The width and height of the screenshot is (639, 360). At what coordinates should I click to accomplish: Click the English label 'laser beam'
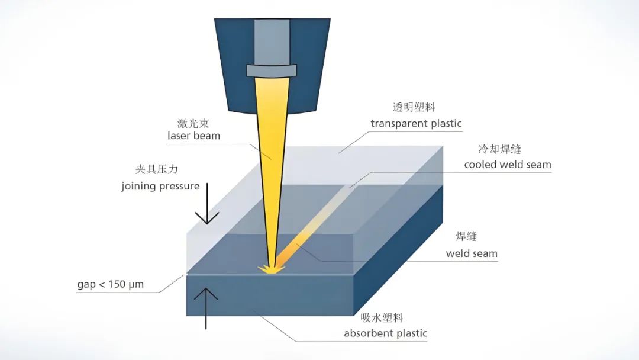tap(193, 136)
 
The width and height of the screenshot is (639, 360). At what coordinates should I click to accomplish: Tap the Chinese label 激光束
tap(193, 123)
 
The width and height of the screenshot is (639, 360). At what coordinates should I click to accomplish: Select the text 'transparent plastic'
tap(416, 124)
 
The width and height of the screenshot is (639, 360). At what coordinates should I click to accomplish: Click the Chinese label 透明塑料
tap(414, 107)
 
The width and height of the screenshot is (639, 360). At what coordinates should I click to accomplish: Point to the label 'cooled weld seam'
tap(508, 165)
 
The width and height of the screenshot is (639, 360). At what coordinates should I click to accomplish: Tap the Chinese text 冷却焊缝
tap(499, 149)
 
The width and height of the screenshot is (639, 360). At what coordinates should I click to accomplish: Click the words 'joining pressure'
tap(160, 187)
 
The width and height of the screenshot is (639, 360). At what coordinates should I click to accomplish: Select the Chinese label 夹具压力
tap(156, 169)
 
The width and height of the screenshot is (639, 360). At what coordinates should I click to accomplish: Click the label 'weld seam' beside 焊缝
tap(472, 253)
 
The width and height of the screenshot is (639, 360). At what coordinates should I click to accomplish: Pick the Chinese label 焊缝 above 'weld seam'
tap(466, 236)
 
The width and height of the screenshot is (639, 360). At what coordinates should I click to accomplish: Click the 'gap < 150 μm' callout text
tap(111, 284)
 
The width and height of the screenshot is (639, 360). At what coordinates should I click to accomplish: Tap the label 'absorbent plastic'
tap(386, 333)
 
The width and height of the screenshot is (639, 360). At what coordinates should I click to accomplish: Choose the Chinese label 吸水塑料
tap(382, 317)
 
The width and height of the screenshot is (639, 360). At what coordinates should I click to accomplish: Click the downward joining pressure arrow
tap(207, 204)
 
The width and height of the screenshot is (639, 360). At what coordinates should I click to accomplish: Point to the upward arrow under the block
tap(206, 308)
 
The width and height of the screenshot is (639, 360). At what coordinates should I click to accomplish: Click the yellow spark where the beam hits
tap(272, 269)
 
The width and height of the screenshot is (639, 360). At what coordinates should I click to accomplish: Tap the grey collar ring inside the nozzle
tap(272, 70)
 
